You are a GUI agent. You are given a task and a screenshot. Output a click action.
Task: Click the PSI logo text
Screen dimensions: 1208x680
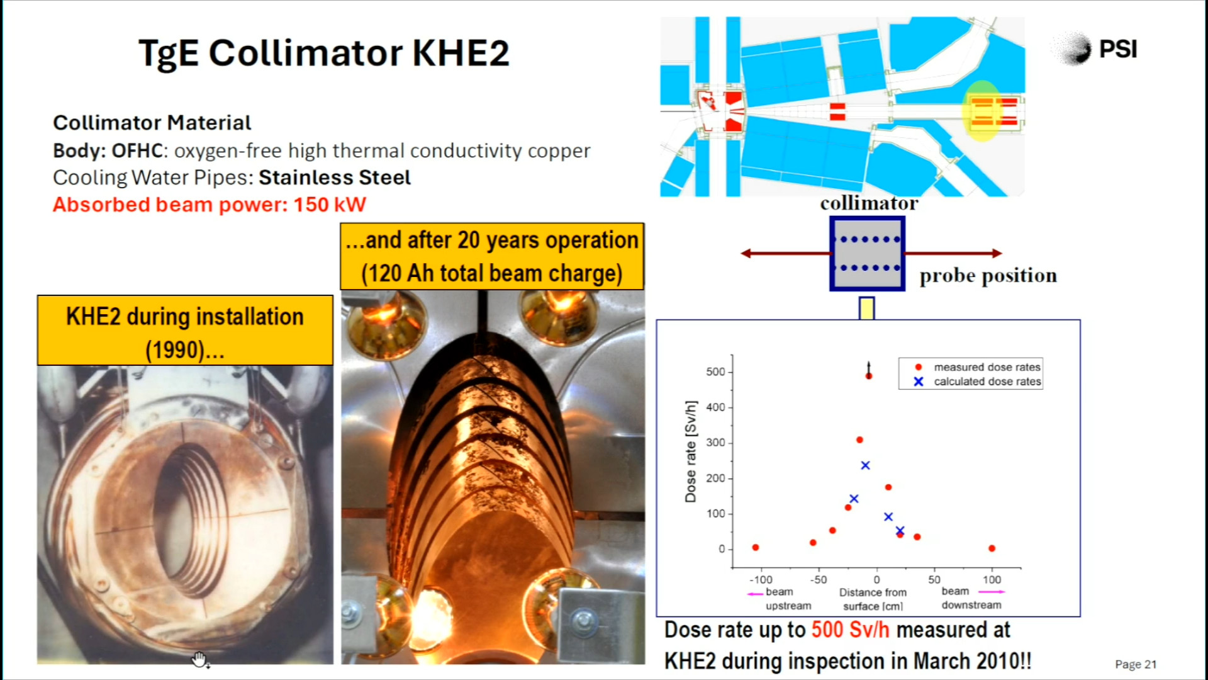1118,49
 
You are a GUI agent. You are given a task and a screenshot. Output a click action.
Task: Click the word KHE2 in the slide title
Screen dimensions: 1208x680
461,53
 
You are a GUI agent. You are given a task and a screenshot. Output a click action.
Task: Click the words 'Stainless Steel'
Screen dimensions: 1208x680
335,178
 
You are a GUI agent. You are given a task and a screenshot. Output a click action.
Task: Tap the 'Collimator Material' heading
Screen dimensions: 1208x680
152,123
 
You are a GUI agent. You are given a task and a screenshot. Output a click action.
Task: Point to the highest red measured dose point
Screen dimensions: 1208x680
869,376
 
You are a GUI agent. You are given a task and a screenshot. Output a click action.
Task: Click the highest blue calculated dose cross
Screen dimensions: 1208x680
865,465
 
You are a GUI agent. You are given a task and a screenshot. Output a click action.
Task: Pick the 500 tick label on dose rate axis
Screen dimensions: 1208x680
715,372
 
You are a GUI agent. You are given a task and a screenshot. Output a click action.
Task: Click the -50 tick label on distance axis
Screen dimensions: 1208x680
818,580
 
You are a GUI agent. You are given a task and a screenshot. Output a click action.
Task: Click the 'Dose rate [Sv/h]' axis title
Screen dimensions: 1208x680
691,451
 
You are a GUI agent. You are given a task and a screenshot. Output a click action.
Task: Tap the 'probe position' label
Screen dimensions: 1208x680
988,276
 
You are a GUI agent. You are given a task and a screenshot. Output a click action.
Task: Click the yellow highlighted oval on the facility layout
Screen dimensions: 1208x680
981,111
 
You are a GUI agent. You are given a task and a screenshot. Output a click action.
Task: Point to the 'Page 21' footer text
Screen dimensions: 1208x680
1136,664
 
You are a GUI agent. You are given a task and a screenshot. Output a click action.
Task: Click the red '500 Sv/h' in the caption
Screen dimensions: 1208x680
850,630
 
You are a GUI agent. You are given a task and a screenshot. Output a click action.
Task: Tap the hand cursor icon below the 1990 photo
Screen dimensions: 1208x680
199,659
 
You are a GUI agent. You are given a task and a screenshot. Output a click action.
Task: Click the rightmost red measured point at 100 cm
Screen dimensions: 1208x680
992,548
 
